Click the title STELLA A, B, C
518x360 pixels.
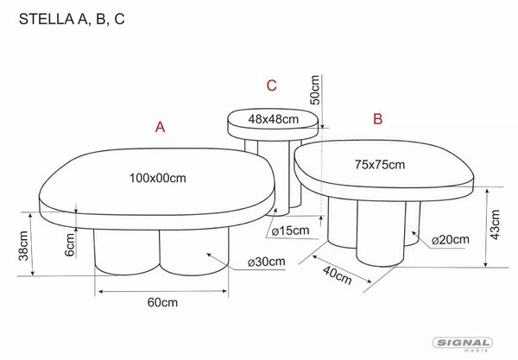72,19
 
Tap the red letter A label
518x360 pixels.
161,127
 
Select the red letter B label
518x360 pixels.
377,118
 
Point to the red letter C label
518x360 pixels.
272,85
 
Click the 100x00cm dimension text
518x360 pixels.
158,179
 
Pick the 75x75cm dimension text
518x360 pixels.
380,165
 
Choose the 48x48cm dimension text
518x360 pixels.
273,119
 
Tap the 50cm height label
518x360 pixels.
315,90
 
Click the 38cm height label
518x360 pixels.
23,246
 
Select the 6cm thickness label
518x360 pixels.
70,245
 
